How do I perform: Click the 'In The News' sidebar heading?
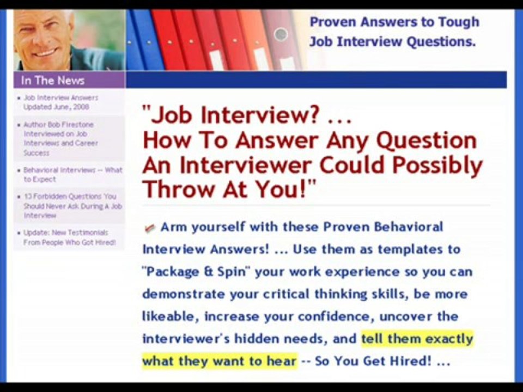tap(53, 81)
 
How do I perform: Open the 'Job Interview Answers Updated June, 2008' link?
tap(60, 102)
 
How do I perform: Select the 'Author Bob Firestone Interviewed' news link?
tap(60, 138)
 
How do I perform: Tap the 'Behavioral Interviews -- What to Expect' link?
tap(72, 174)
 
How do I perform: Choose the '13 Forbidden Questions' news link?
tap(72, 205)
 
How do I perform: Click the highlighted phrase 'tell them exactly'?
tap(417, 339)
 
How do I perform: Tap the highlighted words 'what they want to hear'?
tap(220, 361)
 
